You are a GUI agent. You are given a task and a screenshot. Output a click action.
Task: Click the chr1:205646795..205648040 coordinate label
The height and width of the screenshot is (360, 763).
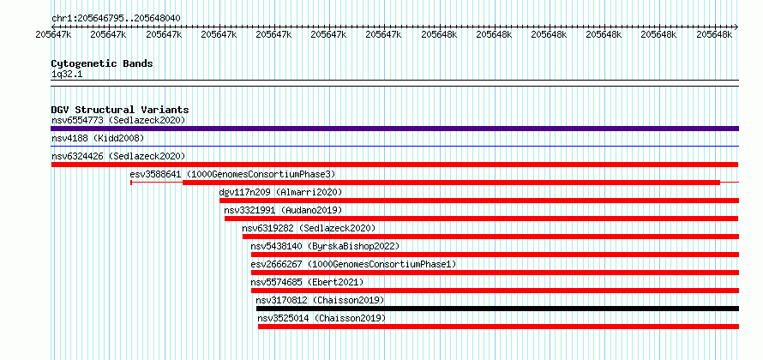(x=116, y=19)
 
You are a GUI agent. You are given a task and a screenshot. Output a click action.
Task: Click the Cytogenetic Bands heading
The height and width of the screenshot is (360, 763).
(x=102, y=63)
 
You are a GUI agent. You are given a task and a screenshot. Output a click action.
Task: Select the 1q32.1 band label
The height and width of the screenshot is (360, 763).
(x=64, y=75)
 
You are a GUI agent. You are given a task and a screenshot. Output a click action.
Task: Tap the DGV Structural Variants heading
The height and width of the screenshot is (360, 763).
(x=120, y=110)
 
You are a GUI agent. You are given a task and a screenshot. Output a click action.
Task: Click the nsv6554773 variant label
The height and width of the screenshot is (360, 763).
(x=77, y=120)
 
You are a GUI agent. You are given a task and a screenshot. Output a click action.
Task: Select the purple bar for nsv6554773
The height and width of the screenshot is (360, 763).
(x=394, y=129)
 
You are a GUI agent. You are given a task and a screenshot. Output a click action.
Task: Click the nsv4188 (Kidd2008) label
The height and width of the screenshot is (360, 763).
(x=98, y=138)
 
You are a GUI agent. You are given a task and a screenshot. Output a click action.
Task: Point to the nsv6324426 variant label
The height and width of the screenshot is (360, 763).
(x=77, y=156)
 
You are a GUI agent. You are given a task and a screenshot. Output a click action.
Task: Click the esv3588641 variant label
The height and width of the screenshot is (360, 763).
(x=156, y=174)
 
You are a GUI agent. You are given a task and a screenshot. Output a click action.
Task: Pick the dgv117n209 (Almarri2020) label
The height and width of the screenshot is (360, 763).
(x=281, y=192)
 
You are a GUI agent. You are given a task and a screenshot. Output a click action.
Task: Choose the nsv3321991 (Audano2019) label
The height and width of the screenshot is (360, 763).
(x=283, y=210)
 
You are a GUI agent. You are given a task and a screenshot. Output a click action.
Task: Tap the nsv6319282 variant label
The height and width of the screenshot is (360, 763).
(x=268, y=228)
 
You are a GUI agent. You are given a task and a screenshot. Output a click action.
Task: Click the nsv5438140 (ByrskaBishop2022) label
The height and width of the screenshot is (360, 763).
(x=325, y=246)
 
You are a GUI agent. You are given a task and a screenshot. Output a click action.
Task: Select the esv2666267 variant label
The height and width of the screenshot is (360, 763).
(x=276, y=264)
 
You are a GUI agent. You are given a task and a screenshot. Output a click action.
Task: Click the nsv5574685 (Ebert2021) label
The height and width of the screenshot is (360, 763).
(x=307, y=282)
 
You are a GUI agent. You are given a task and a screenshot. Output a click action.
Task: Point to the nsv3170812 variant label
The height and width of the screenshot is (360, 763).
(x=282, y=300)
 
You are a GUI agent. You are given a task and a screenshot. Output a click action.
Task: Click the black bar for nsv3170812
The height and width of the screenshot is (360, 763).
(x=497, y=309)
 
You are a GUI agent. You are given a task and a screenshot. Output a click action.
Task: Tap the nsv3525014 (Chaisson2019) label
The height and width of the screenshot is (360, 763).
(x=321, y=318)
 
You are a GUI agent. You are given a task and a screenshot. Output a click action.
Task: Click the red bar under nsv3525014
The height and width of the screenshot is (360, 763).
(x=498, y=327)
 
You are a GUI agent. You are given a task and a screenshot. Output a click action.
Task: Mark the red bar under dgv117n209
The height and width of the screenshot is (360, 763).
(x=479, y=201)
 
